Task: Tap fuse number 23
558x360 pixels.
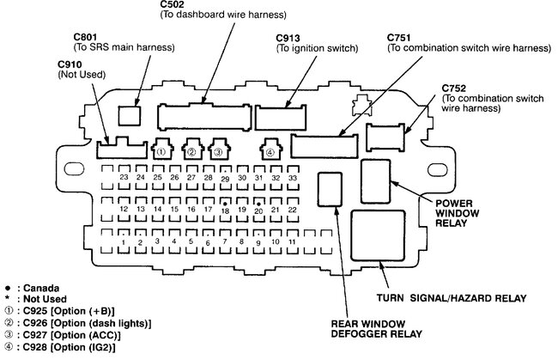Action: pos(124,177)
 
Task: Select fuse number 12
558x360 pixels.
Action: pos(124,208)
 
